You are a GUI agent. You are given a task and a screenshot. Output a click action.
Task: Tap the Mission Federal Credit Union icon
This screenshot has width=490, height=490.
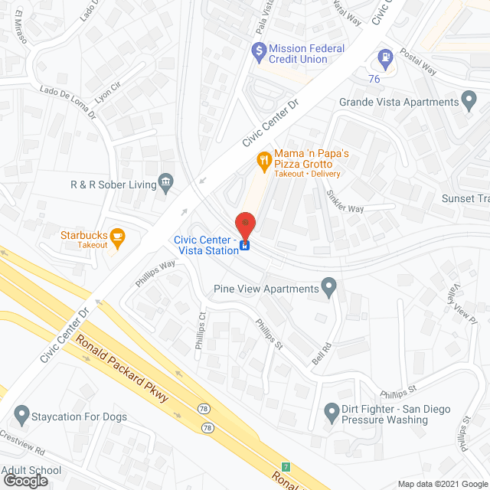point(259,53)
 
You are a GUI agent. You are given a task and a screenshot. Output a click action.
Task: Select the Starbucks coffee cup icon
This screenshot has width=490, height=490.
point(117,237)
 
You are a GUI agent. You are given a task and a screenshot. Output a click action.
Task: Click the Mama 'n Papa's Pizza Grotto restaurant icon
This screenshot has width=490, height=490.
point(263,160)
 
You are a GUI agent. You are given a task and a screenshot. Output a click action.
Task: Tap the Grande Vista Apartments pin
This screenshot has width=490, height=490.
point(469,102)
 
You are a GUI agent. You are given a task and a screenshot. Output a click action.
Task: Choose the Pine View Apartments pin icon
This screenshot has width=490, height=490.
point(329,289)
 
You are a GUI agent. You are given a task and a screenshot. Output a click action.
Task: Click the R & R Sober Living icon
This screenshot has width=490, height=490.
point(165,183)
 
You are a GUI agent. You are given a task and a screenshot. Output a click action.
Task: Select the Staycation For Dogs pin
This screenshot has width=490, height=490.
point(21,416)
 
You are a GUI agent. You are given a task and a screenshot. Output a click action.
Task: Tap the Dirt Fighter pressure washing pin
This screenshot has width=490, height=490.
point(332,413)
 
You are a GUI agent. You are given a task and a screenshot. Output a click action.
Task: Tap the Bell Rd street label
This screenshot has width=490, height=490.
point(322,351)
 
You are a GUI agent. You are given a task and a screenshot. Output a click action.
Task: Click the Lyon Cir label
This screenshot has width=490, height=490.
point(107,91)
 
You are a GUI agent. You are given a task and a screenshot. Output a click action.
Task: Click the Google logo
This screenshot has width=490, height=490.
point(24,480)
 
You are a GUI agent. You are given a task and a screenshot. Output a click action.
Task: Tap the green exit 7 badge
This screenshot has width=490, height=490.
point(286,466)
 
